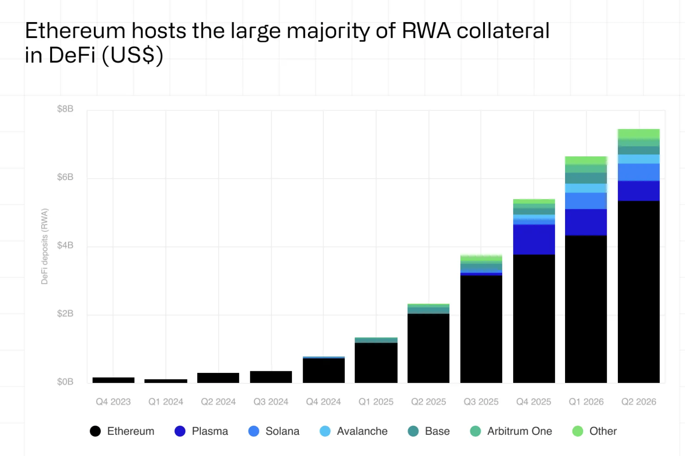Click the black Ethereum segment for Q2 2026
point(639,292)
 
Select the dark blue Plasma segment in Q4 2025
point(534,240)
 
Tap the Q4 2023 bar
point(113,380)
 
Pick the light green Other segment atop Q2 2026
point(639,134)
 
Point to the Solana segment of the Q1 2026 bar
point(586,201)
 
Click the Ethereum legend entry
point(122,431)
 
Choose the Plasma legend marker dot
point(180,431)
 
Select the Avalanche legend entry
point(353,431)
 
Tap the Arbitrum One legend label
point(520,431)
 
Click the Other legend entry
point(595,431)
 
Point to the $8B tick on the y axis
point(65,109)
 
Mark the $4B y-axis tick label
point(65,245)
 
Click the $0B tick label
point(65,382)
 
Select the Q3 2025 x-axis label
point(481,401)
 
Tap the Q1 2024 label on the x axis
point(166,401)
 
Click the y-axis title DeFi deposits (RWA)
point(45,246)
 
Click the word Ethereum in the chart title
point(75,31)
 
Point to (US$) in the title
point(132,56)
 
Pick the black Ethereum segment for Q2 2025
point(428,348)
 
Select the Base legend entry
point(429,431)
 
